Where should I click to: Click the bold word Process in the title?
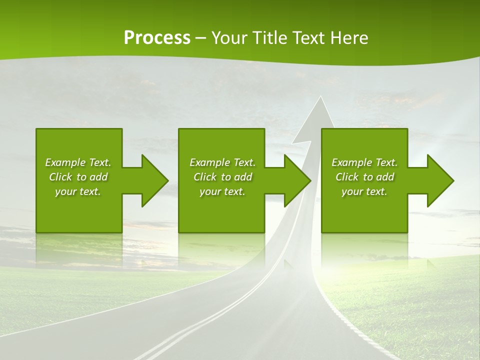[x=157, y=38]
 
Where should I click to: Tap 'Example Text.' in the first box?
[x=78, y=162]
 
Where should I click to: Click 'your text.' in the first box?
[x=78, y=191]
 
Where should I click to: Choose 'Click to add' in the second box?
[x=222, y=177]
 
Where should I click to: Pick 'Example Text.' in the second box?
[x=222, y=162]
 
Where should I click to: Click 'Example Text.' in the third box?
[x=364, y=162]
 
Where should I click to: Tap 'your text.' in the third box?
[x=364, y=191]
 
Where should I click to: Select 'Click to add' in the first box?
[x=78, y=177]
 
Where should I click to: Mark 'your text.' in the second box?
[x=222, y=191]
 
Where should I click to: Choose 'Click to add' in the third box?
[x=364, y=177]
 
